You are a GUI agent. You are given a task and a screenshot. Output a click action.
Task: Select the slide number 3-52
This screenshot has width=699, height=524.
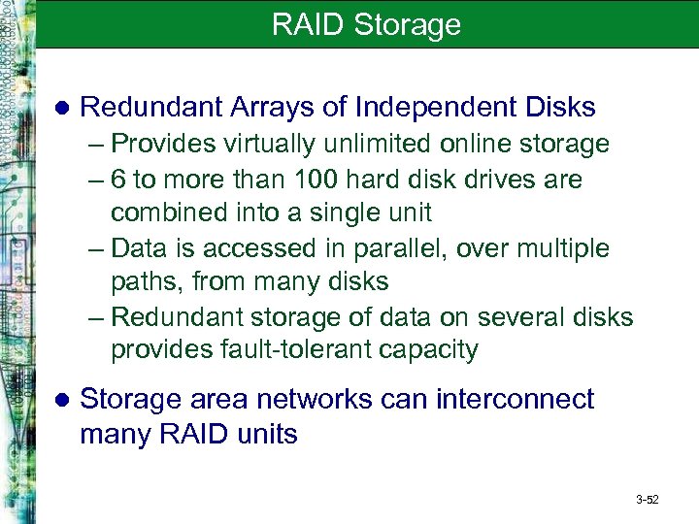coord(647,500)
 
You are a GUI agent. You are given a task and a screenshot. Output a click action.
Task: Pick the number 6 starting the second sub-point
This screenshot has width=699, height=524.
coord(117,180)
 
